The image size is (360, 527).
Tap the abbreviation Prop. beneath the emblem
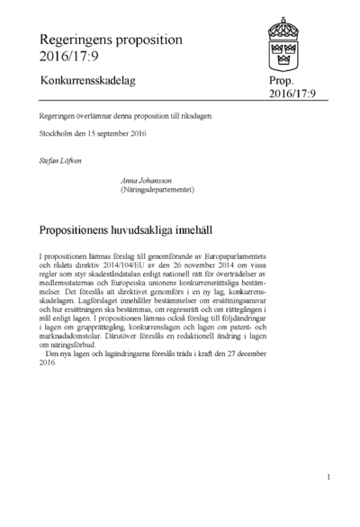[x=281, y=82]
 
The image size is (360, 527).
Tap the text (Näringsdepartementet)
[x=157, y=190]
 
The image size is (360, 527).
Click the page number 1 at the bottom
[x=329, y=478]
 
